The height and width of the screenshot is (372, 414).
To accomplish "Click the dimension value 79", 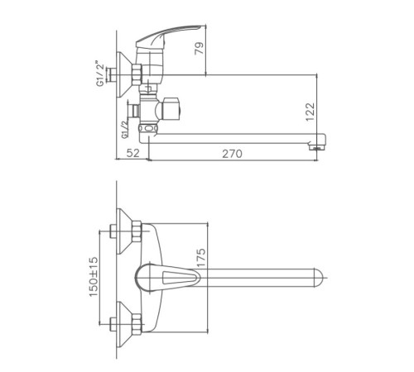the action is [x=200, y=48].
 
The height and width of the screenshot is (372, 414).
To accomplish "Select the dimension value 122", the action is [x=310, y=112].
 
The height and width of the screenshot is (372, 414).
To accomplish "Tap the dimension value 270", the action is [x=232, y=154].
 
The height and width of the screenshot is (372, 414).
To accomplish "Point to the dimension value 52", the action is [x=133, y=153].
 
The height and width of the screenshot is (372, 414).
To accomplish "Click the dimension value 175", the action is [x=201, y=258].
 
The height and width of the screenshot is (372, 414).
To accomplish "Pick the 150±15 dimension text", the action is [x=94, y=277].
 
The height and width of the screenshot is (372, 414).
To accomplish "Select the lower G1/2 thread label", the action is [x=125, y=129].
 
